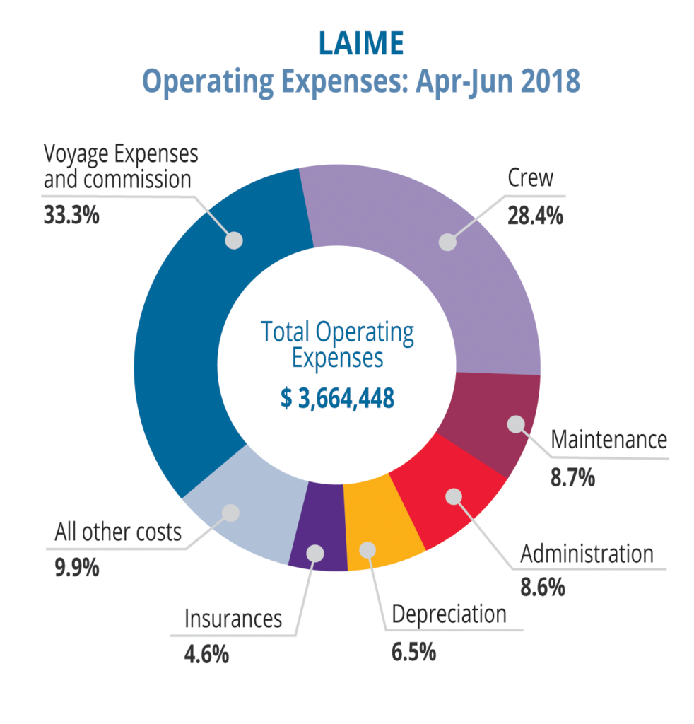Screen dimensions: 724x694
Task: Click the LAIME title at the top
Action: tap(360, 43)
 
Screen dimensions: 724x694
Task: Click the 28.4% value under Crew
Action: tap(535, 214)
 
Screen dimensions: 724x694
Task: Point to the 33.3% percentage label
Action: tap(71, 214)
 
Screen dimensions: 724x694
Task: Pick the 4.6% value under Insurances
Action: tap(206, 655)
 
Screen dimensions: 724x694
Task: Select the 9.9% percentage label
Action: tap(77, 568)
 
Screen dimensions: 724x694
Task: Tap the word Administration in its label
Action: tap(587, 554)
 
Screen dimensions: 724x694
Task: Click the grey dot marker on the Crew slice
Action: tap(447, 242)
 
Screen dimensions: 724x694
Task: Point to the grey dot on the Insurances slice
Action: tap(317, 553)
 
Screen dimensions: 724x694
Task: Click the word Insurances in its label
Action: tap(233, 619)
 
